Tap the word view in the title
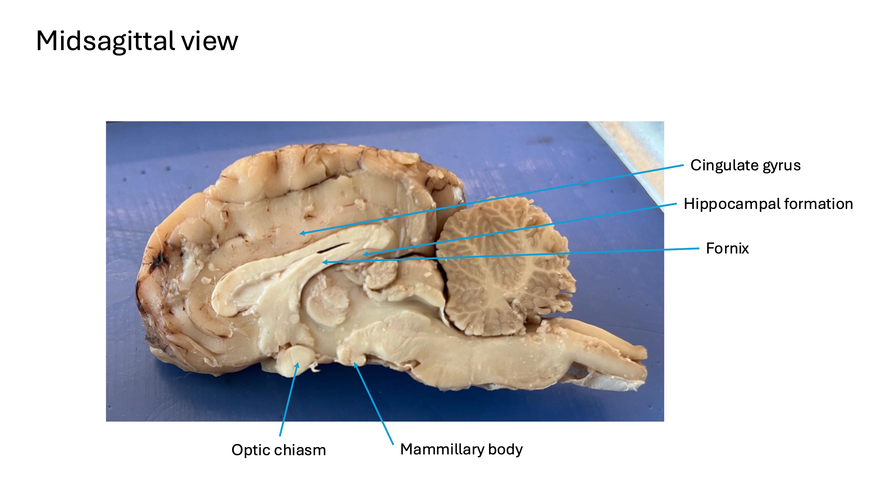(209, 41)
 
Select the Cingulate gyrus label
(745, 165)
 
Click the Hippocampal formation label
(768, 204)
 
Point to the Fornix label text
(727, 249)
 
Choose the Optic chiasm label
(278, 450)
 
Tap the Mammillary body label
(461, 449)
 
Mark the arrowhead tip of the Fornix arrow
(323, 263)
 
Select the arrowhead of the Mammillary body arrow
(355, 363)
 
